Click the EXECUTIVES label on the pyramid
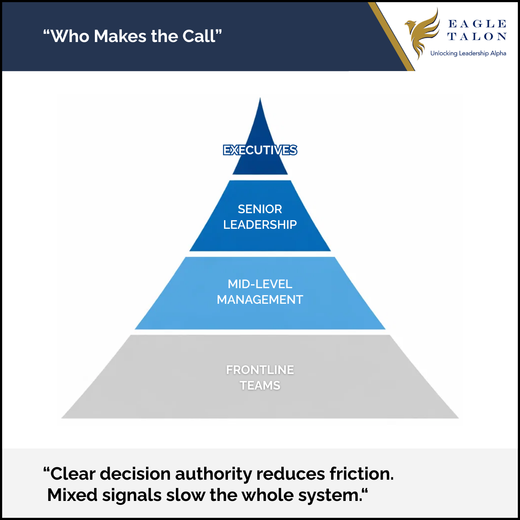pyautogui.click(x=260, y=150)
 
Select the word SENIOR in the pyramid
pyautogui.click(x=260, y=209)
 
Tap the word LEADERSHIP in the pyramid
pyautogui.click(x=260, y=224)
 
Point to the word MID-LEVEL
pyautogui.click(x=260, y=284)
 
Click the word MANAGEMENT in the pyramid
pyautogui.click(x=260, y=299)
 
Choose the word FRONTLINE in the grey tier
pyautogui.click(x=260, y=370)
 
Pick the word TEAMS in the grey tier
pyautogui.click(x=260, y=385)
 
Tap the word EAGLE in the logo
pyautogui.click(x=477, y=24)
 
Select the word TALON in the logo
pyautogui.click(x=477, y=37)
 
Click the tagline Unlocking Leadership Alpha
pyautogui.click(x=468, y=53)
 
